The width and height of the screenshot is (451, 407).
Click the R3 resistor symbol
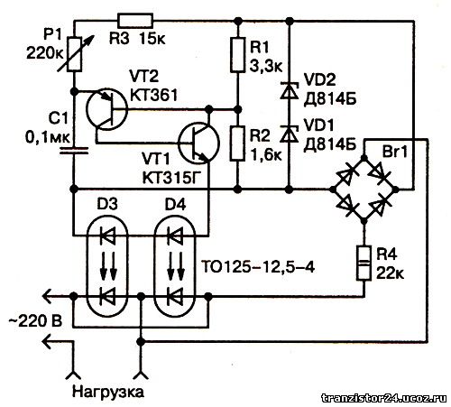[x=135, y=21]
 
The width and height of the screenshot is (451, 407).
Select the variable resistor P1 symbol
[x=74, y=54]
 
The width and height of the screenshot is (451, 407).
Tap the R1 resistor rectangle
[x=237, y=55]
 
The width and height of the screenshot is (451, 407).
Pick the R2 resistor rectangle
[x=237, y=143]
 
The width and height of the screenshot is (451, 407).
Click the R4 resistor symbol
[x=364, y=264]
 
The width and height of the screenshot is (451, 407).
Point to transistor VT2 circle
[x=106, y=109]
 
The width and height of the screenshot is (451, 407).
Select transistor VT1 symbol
[x=198, y=143]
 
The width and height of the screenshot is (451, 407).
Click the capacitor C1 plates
[x=74, y=151]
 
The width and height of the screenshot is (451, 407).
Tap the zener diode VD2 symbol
[x=289, y=90]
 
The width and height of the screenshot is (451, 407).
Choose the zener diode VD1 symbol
[x=289, y=134]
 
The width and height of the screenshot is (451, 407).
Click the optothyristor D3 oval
[x=107, y=267]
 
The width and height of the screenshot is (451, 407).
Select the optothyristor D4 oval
[x=175, y=267]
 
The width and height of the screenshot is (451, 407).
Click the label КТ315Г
[x=171, y=178]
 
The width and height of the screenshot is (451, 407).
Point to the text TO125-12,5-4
[x=258, y=267]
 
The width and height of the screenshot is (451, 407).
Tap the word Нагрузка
[x=108, y=392]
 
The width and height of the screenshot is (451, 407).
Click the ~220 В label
[x=35, y=321]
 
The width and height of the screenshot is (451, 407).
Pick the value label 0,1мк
[x=48, y=137]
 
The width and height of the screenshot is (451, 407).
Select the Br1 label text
[x=394, y=152]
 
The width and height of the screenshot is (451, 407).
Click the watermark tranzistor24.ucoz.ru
[x=384, y=398]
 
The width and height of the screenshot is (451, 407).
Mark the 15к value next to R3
[x=152, y=39]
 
